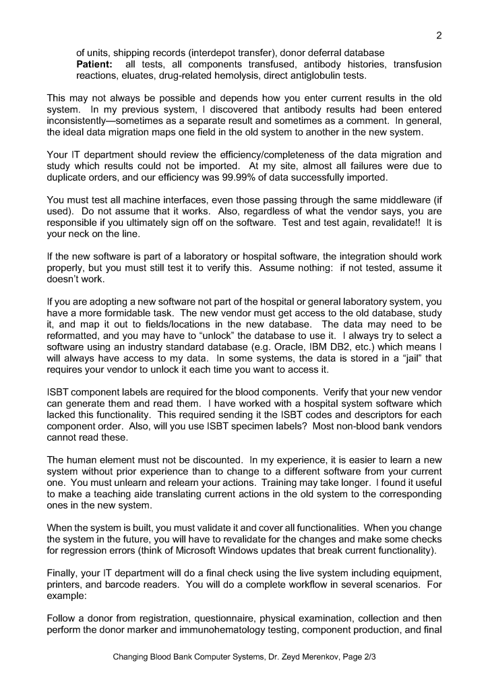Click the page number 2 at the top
coord(439,36)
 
